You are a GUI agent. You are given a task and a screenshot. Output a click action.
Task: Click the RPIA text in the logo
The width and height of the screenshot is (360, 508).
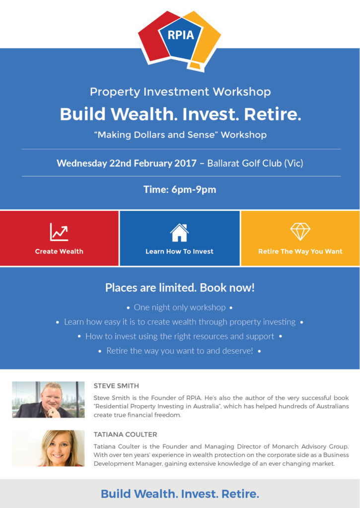point(181,35)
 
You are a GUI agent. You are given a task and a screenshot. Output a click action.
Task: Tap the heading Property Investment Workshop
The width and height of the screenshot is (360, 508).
point(180,92)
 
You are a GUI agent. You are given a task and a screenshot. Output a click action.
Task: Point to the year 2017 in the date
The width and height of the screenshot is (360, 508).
point(185,163)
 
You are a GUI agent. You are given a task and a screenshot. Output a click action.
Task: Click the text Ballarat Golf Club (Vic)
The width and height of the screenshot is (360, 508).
point(255,163)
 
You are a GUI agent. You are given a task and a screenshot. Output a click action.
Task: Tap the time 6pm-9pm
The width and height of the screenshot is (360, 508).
point(194,190)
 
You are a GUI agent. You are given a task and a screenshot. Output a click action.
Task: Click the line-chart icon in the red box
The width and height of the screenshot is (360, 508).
point(59,232)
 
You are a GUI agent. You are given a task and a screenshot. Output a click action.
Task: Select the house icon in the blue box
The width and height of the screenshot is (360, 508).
point(179,233)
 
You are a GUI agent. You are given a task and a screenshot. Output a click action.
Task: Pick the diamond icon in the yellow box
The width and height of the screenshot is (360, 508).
point(300,232)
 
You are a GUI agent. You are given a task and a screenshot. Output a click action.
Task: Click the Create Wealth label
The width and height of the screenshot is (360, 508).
point(59,252)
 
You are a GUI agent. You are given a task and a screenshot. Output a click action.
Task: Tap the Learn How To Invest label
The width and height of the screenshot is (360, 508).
point(179,252)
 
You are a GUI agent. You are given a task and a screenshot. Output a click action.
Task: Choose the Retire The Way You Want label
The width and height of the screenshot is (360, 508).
point(300,252)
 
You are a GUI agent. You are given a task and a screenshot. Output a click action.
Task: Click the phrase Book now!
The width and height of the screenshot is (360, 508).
point(227,288)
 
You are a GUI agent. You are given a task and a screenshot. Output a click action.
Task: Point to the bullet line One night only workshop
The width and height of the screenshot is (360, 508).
point(180,308)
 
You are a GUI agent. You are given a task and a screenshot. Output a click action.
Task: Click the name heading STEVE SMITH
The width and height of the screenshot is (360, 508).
point(116,386)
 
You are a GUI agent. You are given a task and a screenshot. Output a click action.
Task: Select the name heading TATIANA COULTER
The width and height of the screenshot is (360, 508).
point(125,435)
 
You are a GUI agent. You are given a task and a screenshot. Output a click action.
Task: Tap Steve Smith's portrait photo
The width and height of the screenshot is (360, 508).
point(48,399)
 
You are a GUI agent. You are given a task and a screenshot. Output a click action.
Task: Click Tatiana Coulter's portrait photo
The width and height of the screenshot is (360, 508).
point(48,448)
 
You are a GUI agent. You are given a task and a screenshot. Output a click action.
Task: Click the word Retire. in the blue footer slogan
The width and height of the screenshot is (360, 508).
point(240,494)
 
